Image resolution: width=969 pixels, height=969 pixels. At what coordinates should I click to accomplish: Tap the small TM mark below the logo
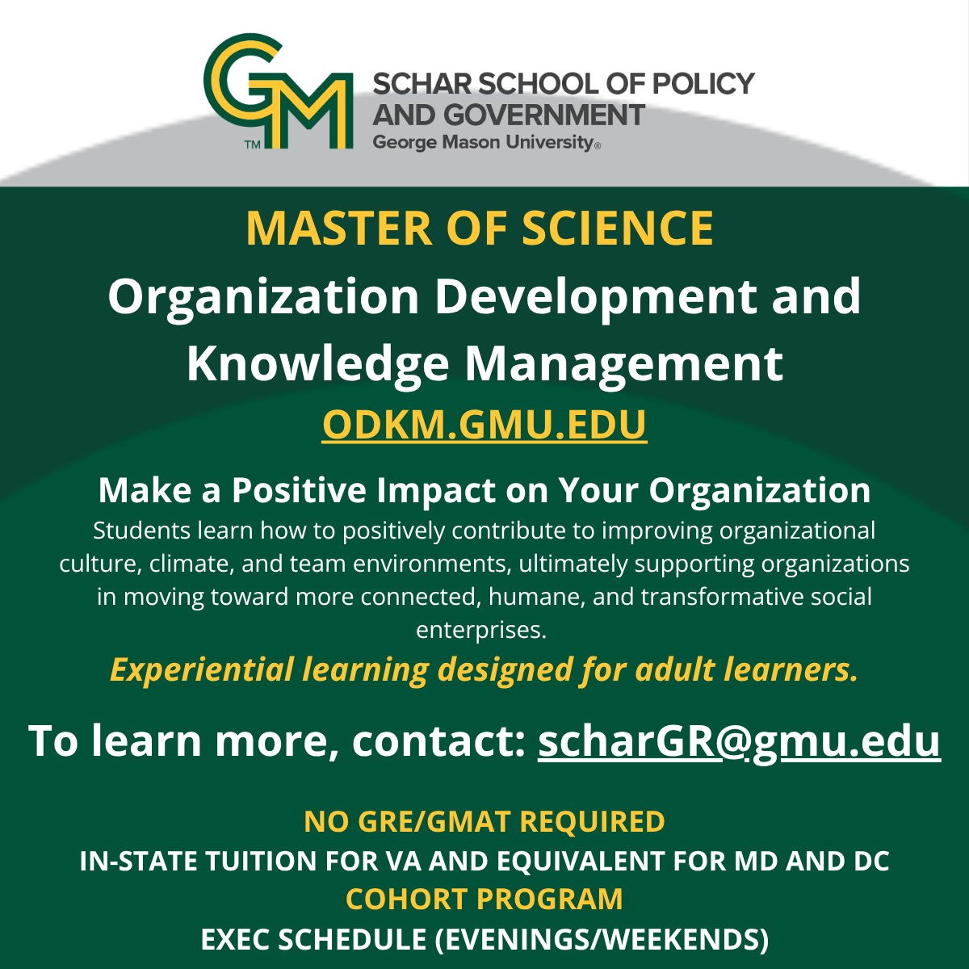(x=252, y=145)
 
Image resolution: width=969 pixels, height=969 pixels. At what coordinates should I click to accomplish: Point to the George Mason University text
(x=483, y=143)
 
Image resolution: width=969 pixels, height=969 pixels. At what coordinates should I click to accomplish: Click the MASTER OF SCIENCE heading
(x=480, y=228)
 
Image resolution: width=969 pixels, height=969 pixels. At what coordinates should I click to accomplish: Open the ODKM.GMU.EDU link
(x=484, y=425)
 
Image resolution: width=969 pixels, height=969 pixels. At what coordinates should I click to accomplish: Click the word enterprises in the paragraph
(x=481, y=629)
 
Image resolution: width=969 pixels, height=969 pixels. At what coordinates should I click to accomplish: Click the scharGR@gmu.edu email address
(x=739, y=740)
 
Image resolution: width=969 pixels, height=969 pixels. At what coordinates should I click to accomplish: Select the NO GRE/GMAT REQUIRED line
(x=484, y=821)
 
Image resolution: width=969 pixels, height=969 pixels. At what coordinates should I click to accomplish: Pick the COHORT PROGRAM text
(x=484, y=899)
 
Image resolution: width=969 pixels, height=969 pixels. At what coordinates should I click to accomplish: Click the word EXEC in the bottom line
(x=234, y=939)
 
